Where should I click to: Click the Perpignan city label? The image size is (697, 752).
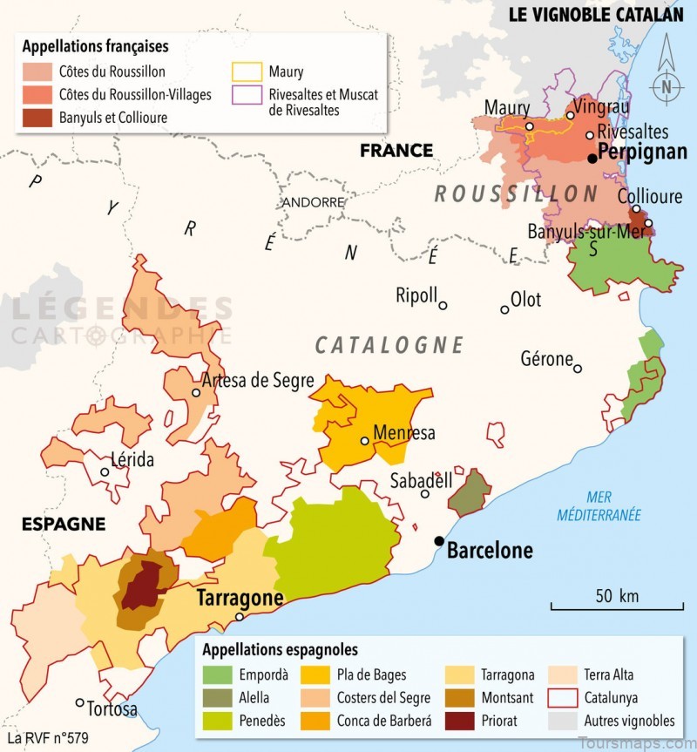(643, 152)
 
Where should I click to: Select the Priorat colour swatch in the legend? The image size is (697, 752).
(460, 721)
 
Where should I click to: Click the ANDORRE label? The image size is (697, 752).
(313, 202)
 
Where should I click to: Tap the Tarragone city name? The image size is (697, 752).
(240, 599)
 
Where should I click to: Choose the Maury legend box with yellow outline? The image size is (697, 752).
(250, 72)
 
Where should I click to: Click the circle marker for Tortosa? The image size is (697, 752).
(80, 702)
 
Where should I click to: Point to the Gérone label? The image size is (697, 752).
(546, 358)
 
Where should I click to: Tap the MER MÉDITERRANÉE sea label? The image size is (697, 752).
(599, 506)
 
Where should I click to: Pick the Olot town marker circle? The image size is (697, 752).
(504, 309)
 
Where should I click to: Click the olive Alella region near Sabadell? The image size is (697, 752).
(469, 494)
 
